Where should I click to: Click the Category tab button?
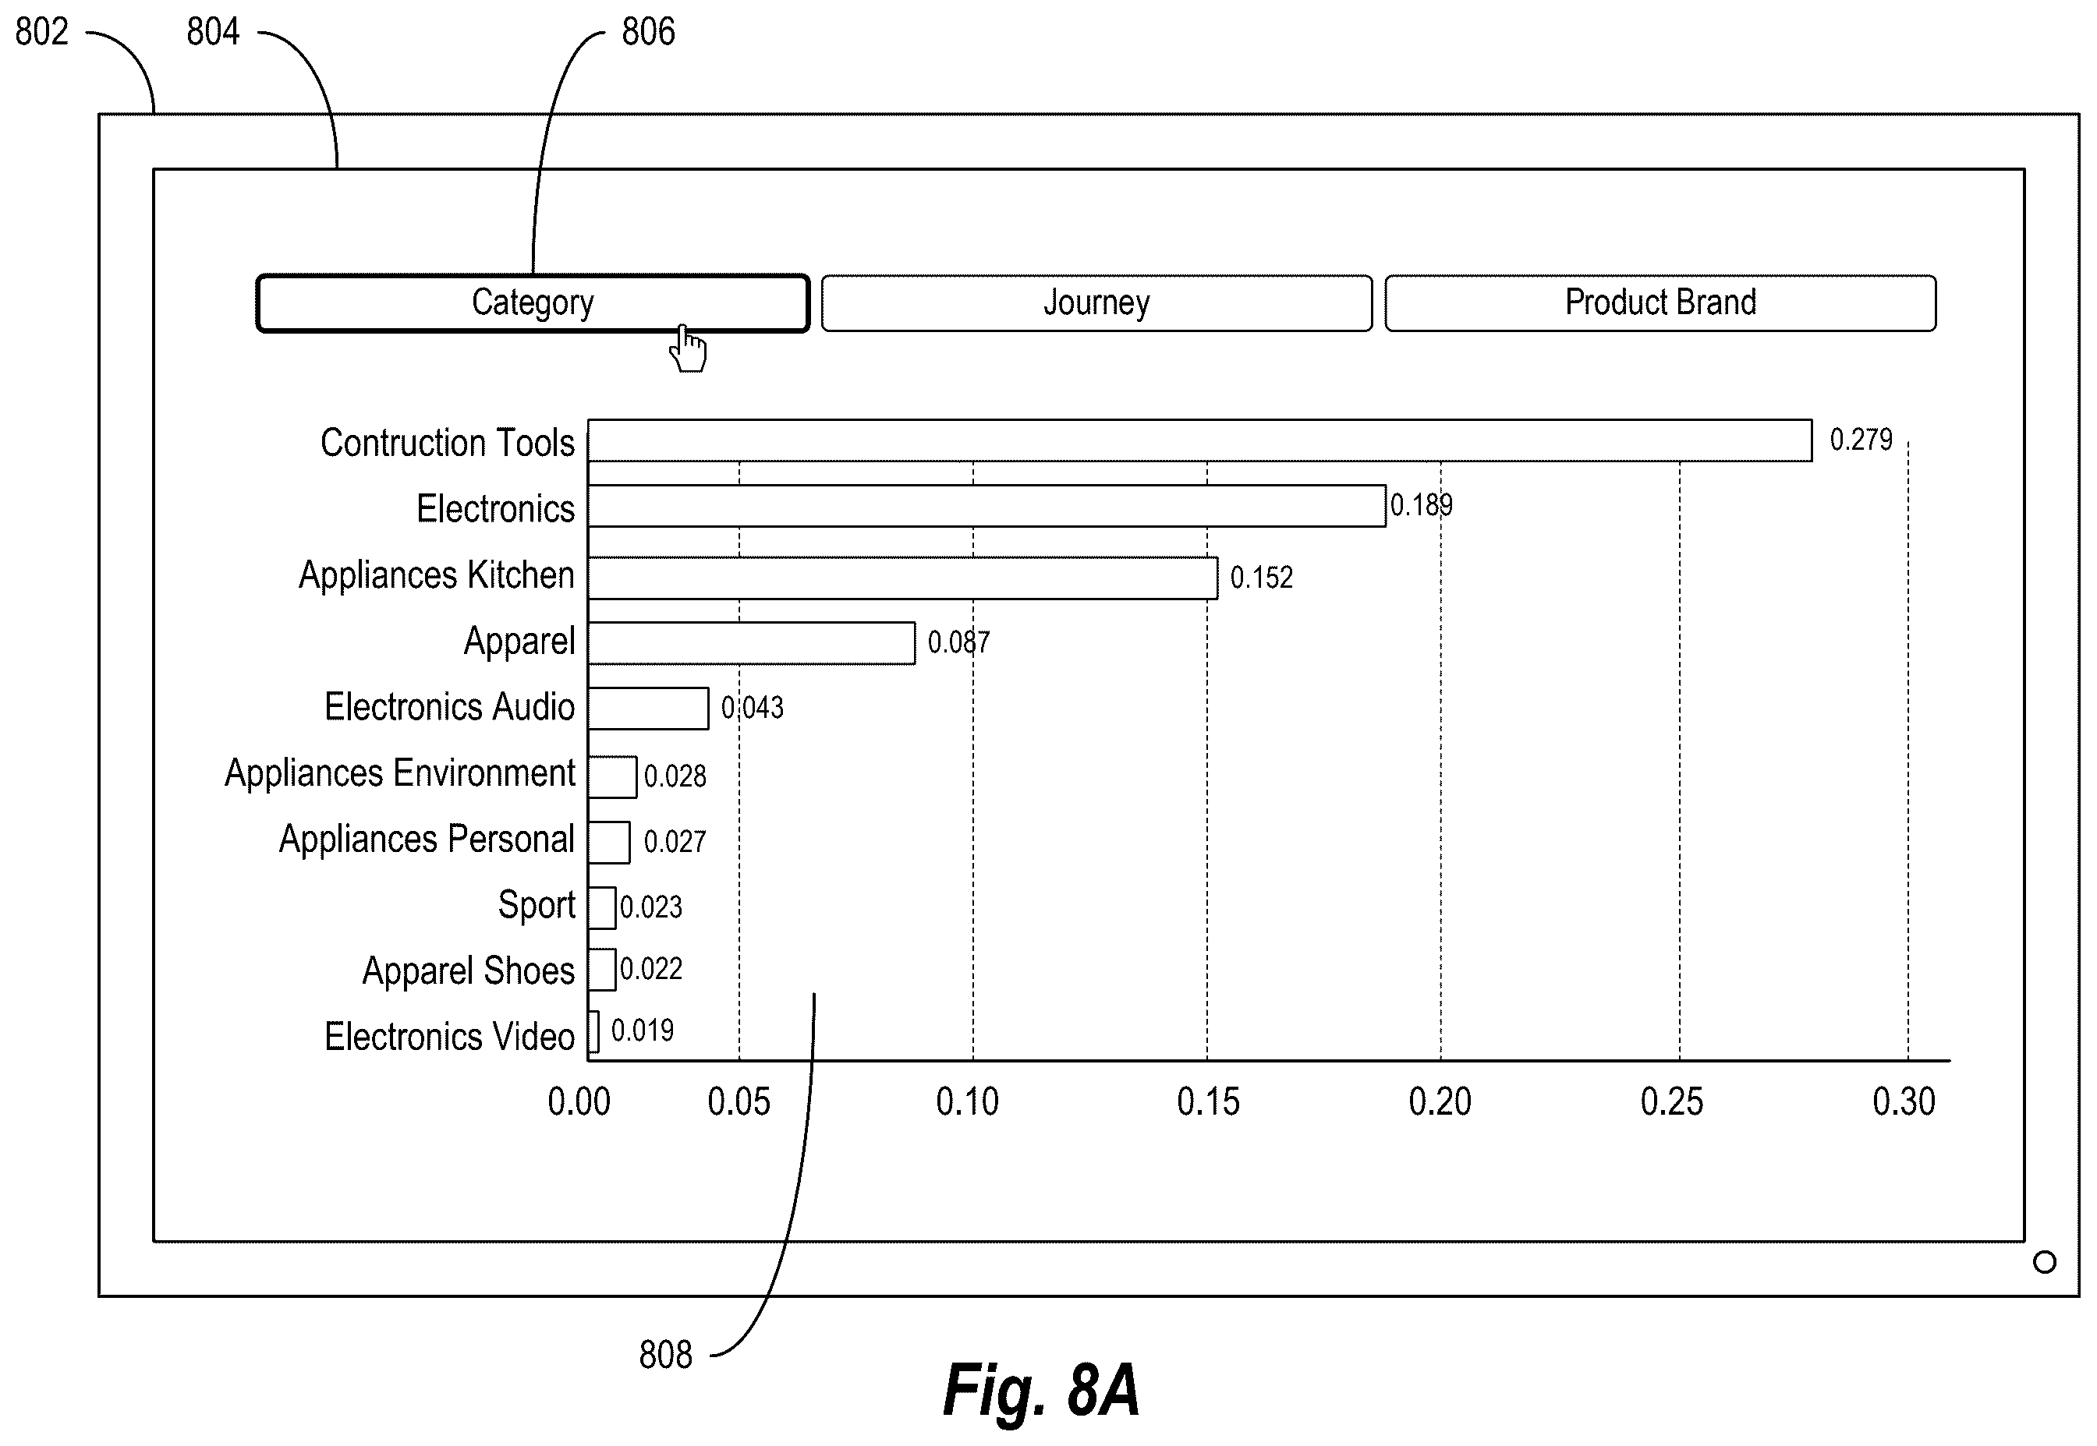(533, 303)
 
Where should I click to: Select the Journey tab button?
(1096, 303)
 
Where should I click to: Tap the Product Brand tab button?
(1660, 303)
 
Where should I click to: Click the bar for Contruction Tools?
(1200, 440)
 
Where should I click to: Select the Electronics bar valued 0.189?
(987, 506)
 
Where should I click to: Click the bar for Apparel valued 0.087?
(751, 643)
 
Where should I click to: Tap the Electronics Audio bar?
(648, 709)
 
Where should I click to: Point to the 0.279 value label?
(1861, 440)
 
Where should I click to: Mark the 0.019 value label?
(643, 1031)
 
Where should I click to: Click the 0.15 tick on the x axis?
(1208, 1101)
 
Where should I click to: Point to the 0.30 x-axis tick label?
(1904, 1101)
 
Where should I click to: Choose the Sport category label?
(537, 905)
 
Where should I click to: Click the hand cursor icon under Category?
(688, 348)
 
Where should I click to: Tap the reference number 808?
(665, 1356)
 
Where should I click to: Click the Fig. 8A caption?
(1041, 1390)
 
